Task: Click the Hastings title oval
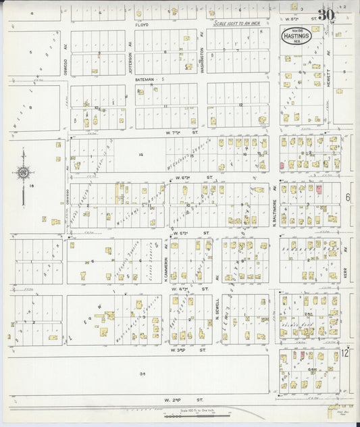(295, 36)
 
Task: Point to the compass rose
(24, 174)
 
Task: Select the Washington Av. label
(202, 45)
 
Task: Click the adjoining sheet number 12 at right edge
(346, 353)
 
